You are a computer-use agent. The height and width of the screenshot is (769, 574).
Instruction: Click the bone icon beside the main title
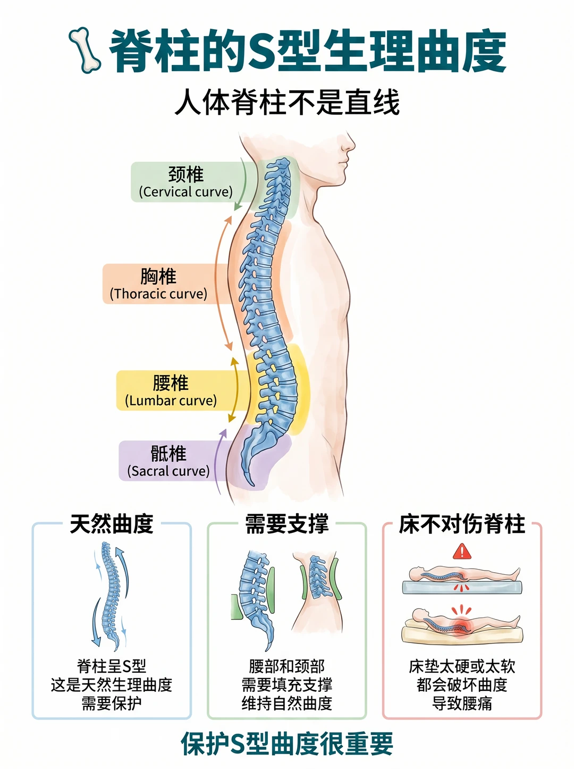click(85, 50)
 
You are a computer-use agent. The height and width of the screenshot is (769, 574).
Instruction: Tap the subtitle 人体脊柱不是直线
click(287, 102)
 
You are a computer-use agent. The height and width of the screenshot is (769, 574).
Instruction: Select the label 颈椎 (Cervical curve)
click(186, 182)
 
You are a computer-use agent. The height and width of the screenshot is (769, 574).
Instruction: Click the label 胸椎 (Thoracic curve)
click(158, 284)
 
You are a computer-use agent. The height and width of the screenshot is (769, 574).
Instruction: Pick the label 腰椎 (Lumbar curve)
click(171, 391)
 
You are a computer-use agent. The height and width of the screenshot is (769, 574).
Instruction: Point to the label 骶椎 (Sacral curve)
click(168, 461)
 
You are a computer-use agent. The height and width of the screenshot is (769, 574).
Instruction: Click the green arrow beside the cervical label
click(243, 184)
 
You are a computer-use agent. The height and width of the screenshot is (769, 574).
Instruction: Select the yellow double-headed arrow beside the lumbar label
click(235, 390)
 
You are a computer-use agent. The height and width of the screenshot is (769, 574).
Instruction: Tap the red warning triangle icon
click(462, 552)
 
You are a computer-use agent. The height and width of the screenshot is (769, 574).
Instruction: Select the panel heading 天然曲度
click(112, 524)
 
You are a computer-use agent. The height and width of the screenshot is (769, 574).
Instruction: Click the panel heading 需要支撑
click(287, 524)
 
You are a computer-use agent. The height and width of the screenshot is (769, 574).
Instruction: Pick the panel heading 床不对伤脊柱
click(462, 524)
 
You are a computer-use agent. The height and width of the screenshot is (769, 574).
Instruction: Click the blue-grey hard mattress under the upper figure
click(462, 587)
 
